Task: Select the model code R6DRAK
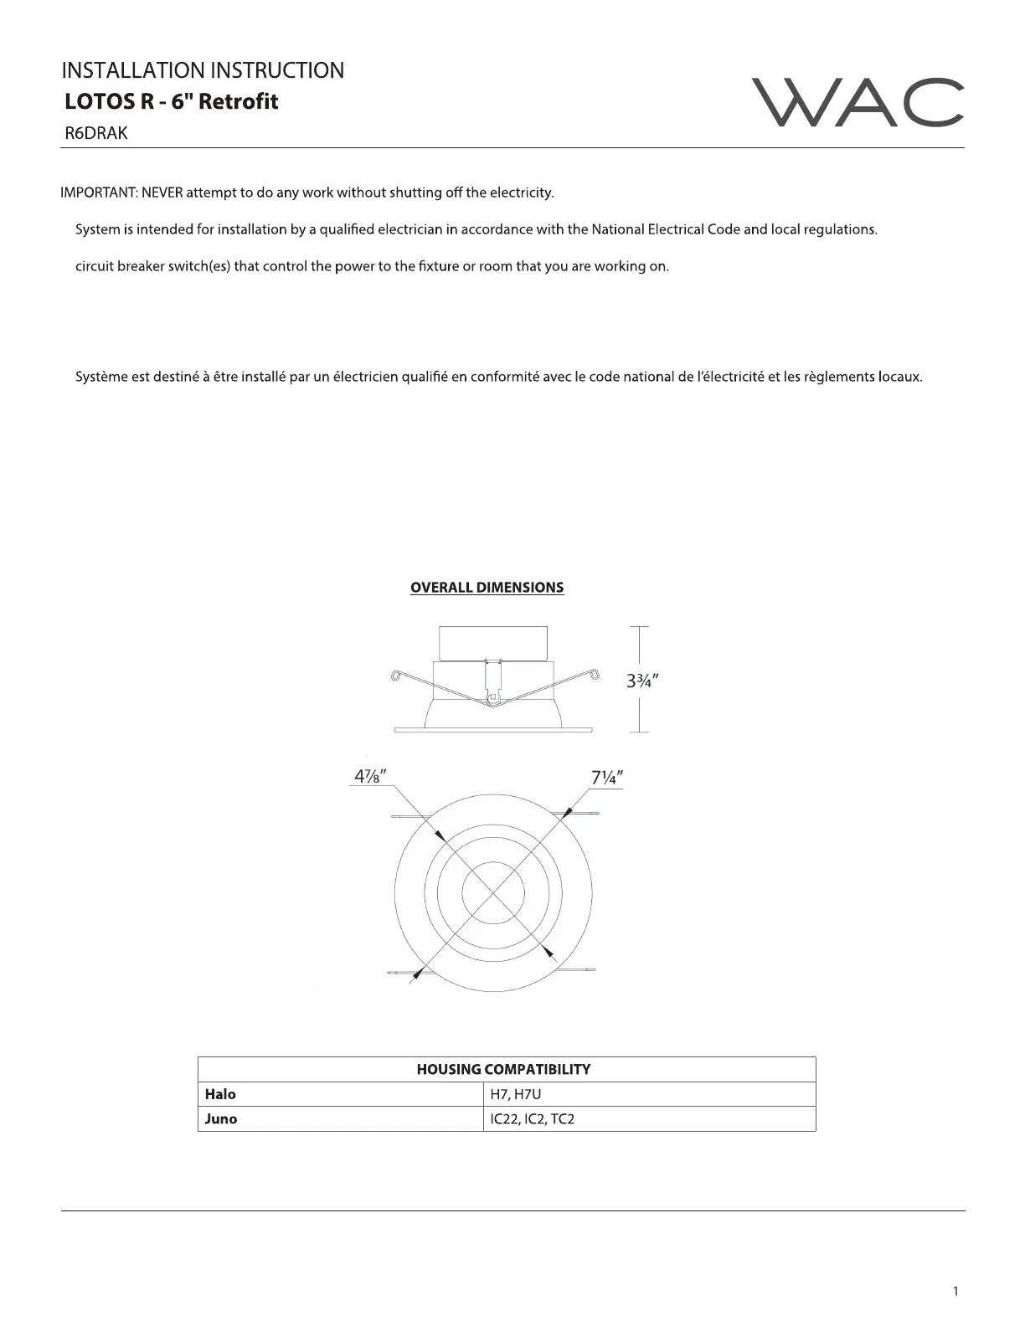96,133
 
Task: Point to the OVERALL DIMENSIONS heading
487,588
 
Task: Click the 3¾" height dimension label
642,681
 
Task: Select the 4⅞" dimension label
369,777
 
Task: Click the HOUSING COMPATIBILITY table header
503,1069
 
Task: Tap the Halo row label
221,1094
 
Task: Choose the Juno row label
221,1119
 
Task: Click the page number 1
955,1291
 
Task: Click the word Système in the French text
101,377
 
